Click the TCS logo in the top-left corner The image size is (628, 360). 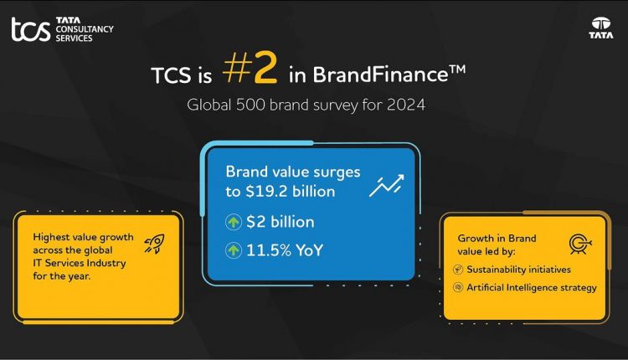(x=30, y=28)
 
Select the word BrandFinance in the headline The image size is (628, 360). (x=367, y=75)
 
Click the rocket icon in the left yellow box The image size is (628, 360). (x=153, y=243)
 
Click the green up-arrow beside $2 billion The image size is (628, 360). (x=234, y=222)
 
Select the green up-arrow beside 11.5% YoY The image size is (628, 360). (x=234, y=249)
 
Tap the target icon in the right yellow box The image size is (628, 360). (x=579, y=244)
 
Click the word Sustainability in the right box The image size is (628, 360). (x=495, y=270)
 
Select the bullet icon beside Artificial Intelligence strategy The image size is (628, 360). (x=458, y=288)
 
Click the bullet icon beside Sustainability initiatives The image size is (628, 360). (x=458, y=270)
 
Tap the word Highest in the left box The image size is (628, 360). (x=51, y=237)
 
